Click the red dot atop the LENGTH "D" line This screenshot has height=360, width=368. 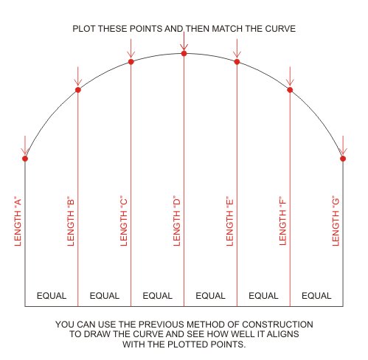pyautogui.click(x=184, y=53)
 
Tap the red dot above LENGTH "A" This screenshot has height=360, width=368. pyautogui.click(x=25, y=159)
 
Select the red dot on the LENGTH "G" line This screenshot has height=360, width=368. pyautogui.click(x=343, y=159)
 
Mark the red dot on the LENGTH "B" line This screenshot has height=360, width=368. pyautogui.click(x=78, y=90)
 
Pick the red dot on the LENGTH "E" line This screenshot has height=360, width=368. pyautogui.click(x=237, y=62)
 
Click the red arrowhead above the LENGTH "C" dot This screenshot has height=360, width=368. pyautogui.click(x=131, y=55)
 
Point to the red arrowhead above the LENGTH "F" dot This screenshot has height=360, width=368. pyautogui.click(x=290, y=83)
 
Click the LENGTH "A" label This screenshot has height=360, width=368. pyautogui.click(x=18, y=221)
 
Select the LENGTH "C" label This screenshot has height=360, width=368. pyautogui.click(x=124, y=221)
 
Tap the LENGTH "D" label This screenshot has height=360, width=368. pyautogui.click(x=177, y=221)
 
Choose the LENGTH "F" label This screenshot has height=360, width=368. pyautogui.click(x=282, y=221)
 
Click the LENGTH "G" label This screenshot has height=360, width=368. pyautogui.click(x=336, y=221)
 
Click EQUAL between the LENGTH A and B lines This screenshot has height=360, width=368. pyautogui.click(x=52, y=296)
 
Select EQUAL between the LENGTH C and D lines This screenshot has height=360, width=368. pyautogui.click(x=158, y=296)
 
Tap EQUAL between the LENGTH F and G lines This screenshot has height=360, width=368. pyautogui.click(x=316, y=296)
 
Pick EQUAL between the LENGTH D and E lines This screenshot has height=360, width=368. pyautogui.click(x=210, y=296)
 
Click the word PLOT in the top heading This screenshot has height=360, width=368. pyautogui.click(x=84, y=29)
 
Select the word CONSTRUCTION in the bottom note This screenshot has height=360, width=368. pyautogui.click(x=277, y=325)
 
